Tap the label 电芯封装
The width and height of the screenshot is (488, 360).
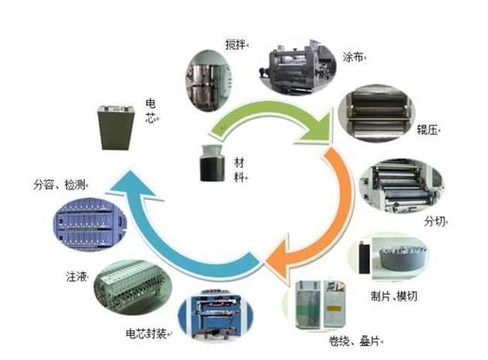(146, 333)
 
